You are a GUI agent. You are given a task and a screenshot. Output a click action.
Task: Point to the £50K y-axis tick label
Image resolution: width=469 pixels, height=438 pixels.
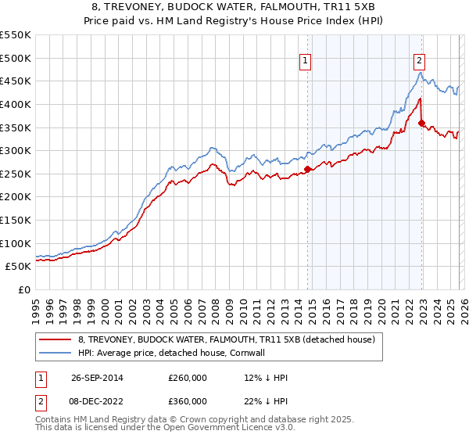(18, 267)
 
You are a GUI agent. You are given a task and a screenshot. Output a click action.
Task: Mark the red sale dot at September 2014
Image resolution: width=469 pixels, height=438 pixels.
(307, 169)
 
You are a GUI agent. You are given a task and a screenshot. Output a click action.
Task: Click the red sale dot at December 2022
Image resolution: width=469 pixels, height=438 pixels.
(421, 123)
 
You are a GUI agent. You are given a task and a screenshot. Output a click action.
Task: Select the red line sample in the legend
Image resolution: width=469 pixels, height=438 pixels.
(55, 339)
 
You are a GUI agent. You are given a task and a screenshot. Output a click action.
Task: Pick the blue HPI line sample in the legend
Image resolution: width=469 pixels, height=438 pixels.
(55, 353)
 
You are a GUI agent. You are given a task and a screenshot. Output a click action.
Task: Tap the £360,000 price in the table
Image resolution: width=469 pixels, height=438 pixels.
(188, 400)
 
